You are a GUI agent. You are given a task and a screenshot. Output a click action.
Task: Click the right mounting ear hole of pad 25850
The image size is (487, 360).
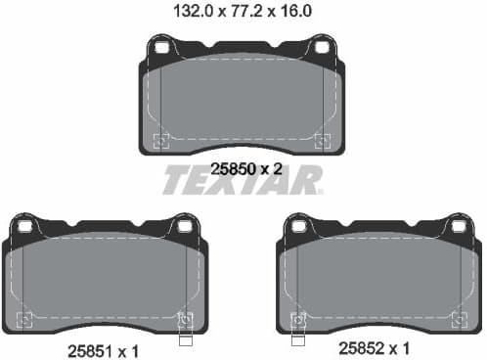321,47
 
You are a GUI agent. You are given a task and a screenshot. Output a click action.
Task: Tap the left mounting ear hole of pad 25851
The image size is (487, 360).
25,226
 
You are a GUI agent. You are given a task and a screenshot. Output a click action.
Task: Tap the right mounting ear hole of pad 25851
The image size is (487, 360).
183,226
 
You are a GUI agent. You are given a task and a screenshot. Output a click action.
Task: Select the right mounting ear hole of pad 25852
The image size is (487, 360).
458,226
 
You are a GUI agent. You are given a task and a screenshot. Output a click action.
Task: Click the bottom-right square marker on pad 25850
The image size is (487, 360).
322,139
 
